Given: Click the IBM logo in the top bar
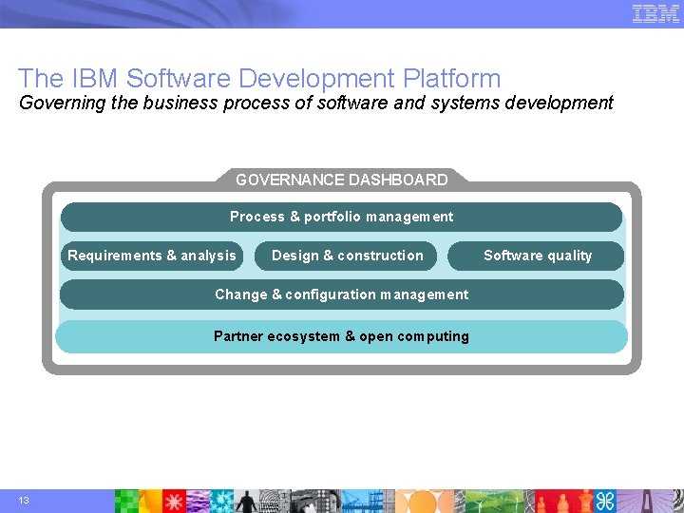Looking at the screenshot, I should tap(655, 13).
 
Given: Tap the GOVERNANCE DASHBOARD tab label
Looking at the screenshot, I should tap(341, 180).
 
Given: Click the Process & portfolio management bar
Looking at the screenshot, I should tap(341, 217).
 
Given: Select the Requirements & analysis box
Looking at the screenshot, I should tap(152, 256).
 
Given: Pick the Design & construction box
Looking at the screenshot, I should tap(347, 256).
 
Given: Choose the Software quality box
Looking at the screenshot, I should tap(537, 256).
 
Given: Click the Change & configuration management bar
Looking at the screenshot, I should tap(341, 294).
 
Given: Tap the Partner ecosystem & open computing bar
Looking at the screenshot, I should tap(341, 336).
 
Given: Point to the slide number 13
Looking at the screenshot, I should tap(23, 501).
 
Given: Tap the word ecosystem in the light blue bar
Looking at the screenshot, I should tap(303, 336).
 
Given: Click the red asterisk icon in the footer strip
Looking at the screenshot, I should tap(176, 501).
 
